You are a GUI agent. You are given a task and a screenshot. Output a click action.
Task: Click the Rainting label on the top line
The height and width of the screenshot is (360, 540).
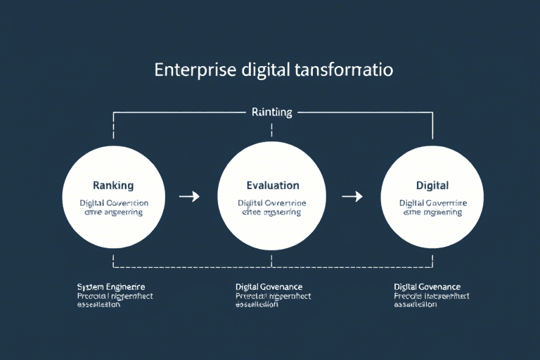(x=271, y=112)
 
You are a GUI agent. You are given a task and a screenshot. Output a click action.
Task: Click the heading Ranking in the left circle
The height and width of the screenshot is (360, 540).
(x=113, y=186)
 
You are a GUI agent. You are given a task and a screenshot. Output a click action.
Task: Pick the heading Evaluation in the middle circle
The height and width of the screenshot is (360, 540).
(x=273, y=186)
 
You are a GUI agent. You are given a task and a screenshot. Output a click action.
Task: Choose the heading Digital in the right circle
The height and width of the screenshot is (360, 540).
(x=432, y=186)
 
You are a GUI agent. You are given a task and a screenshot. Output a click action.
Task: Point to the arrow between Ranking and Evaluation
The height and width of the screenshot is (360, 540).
(x=189, y=196)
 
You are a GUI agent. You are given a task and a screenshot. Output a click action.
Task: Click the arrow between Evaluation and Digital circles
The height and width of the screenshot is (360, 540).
(x=352, y=196)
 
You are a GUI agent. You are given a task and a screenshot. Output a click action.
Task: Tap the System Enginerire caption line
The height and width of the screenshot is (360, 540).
(x=111, y=287)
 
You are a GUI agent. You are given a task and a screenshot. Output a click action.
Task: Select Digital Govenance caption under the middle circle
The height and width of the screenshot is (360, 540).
(x=269, y=287)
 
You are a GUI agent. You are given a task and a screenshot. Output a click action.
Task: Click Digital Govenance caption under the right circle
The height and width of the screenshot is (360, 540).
(x=427, y=287)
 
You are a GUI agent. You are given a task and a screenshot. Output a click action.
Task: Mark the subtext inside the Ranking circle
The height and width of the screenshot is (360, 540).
(x=113, y=207)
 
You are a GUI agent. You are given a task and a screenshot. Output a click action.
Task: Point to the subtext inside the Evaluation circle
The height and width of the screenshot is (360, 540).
(x=272, y=207)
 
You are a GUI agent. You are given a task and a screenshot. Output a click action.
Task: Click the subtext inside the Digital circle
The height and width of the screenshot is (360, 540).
(x=432, y=207)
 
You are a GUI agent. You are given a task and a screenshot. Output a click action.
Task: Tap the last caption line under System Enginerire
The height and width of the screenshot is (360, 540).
(x=98, y=305)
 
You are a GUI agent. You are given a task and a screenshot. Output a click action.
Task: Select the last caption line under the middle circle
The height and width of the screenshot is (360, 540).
(x=257, y=305)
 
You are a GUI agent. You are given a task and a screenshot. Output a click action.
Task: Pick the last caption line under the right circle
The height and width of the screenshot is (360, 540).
(x=415, y=305)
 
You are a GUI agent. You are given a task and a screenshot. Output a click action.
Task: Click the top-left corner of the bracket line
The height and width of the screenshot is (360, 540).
(x=113, y=112)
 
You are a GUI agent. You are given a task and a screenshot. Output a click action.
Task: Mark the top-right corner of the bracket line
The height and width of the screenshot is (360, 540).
(x=432, y=112)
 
